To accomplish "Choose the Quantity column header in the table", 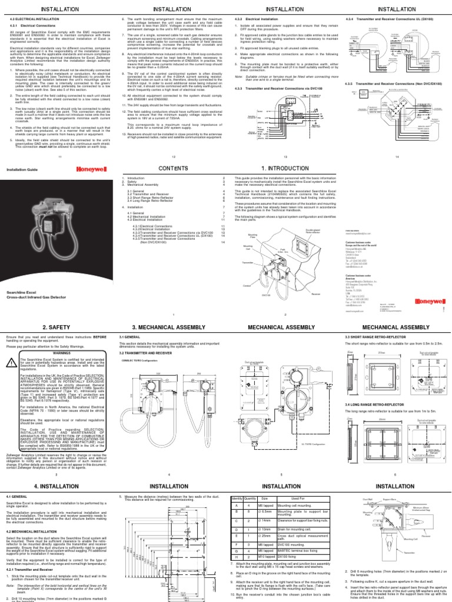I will tap(250, 498).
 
